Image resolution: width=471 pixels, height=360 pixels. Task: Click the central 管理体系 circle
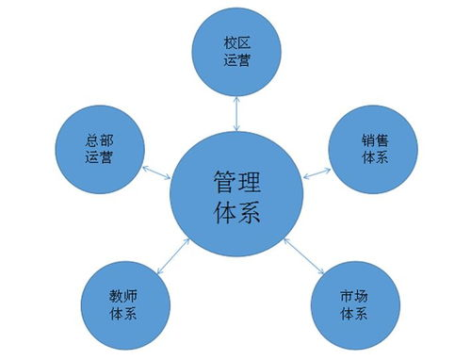(x=236, y=192)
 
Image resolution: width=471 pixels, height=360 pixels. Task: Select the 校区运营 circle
(x=235, y=52)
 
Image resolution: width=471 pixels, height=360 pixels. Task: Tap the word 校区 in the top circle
(x=235, y=43)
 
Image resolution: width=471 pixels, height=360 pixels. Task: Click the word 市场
(x=350, y=293)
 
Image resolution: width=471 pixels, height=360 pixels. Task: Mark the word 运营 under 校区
(x=235, y=62)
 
